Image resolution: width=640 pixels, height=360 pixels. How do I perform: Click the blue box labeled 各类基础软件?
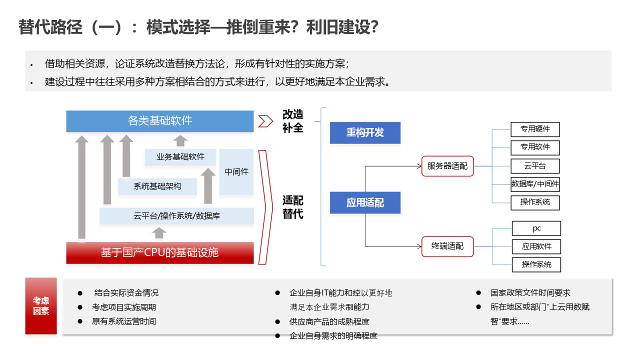click(x=160, y=121)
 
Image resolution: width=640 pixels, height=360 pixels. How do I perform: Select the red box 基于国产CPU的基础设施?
click(x=160, y=252)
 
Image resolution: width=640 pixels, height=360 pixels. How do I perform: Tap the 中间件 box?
click(x=236, y=172)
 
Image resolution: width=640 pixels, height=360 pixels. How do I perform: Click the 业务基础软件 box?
click(x=180, y=157)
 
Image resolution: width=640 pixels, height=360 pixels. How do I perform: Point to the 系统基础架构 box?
click(x=157, y=186)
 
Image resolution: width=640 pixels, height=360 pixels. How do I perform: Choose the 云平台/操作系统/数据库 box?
click(x=177, y=216)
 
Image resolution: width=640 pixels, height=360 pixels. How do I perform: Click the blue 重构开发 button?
click(x=365, y=133)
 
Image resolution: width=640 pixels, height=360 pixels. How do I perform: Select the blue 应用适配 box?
click(x=365, y=202)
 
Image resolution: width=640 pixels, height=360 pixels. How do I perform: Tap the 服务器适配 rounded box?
click(x=447, y=166)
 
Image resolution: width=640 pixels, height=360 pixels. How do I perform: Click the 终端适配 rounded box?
click(x=447, y=246)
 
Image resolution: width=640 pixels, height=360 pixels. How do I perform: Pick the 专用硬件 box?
click(x=535, y=129)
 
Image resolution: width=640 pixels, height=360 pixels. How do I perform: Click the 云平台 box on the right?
click(x=535, y=166)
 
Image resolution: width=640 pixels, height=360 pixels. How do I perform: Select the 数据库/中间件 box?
click(x=535, y=184)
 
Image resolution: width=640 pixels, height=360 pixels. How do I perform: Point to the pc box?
click(x=536, y=228)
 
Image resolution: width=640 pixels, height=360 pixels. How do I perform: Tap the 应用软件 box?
click(x=536, y=246)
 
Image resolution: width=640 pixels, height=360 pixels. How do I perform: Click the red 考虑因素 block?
click(x=41, y=306)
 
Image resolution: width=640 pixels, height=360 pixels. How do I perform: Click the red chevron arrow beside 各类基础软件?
click(x=265, y=121)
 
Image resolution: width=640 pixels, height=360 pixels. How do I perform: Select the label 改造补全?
click(x=293, y=121)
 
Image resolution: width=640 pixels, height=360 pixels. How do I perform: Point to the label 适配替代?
click(x=293, y=207)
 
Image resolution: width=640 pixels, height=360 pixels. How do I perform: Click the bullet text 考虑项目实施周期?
click(x=124, y=307)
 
